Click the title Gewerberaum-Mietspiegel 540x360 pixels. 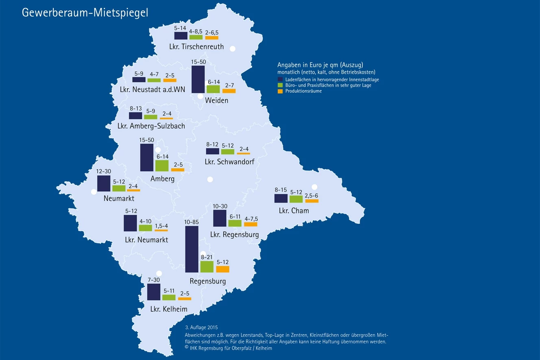click(x=85, y=13)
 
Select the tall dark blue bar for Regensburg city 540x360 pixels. click(x=192, y=249)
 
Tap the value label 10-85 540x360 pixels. click(x=192, y=223)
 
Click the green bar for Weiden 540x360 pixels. click(x=213, y=89)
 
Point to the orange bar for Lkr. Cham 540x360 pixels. click(x=312, y=201)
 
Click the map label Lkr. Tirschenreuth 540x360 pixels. click(x=196, y=46)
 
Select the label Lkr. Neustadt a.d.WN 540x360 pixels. click(x=152, y=89)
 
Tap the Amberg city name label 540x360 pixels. click(x=162, y=179)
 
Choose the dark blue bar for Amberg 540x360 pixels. click(x=147, y=157)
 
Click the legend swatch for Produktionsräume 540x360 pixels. click(x=280, y=92)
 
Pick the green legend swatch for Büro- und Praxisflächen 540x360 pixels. click(x=280, y=85)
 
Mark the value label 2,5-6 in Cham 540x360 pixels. click(x=311, y=196)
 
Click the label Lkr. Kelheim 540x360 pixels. click(x=169, y=309)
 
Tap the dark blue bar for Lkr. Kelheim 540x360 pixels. click(x=154, y=292)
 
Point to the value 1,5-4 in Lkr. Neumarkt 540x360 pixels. click(x=161, y=226)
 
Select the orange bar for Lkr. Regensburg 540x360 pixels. click(x=250, y=224)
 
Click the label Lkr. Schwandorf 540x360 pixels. click(x=229, y=162)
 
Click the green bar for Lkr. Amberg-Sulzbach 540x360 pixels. click(x=150, y=117)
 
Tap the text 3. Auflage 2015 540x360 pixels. click(x=202, y=327)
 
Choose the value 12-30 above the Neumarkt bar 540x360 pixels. click(x=104, y=172)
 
